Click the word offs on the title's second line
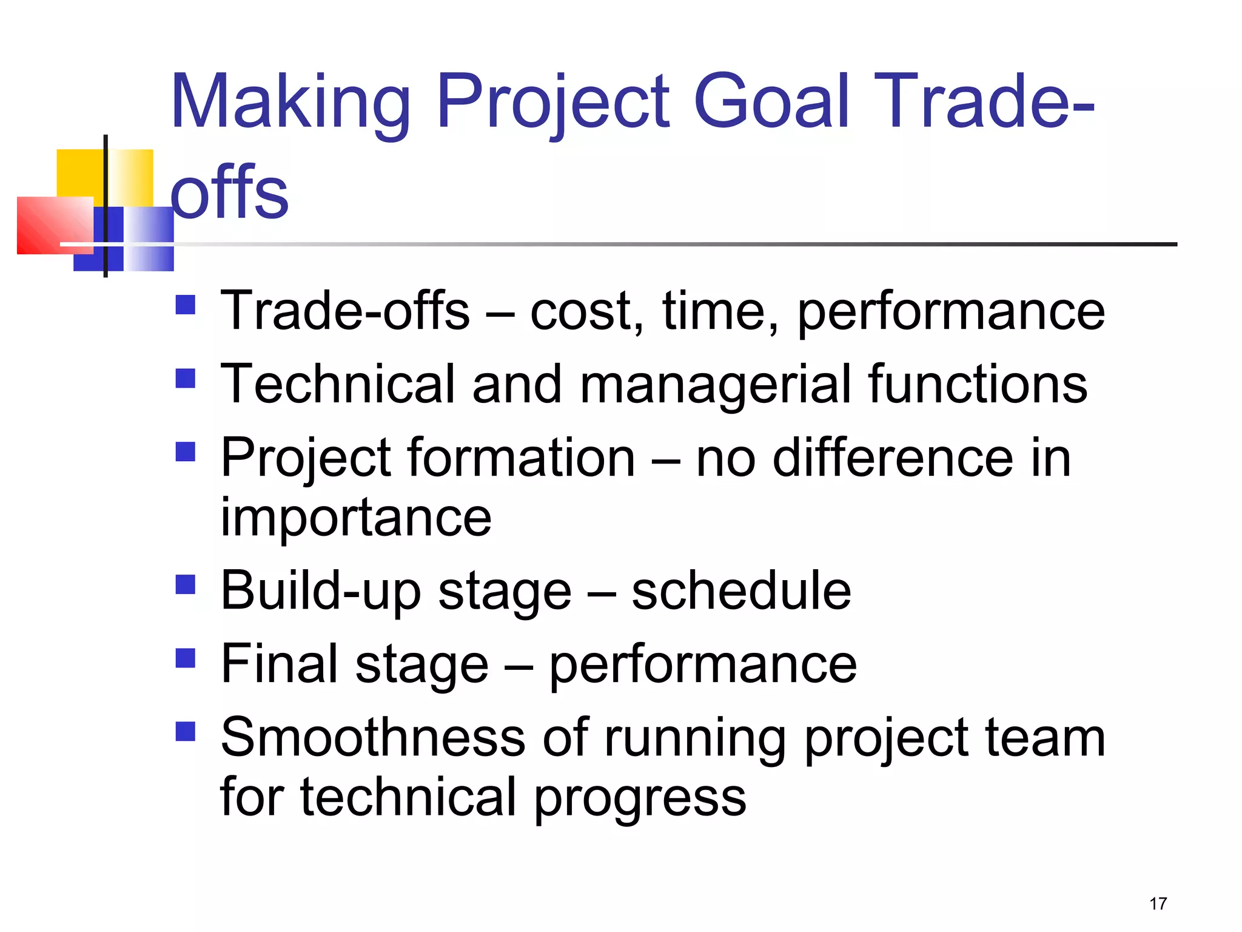229,193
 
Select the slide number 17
1158,903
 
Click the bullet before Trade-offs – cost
186,305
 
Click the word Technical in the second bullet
337,384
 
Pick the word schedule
741,591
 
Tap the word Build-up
321,591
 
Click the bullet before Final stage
186,658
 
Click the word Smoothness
372,738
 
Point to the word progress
640,797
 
